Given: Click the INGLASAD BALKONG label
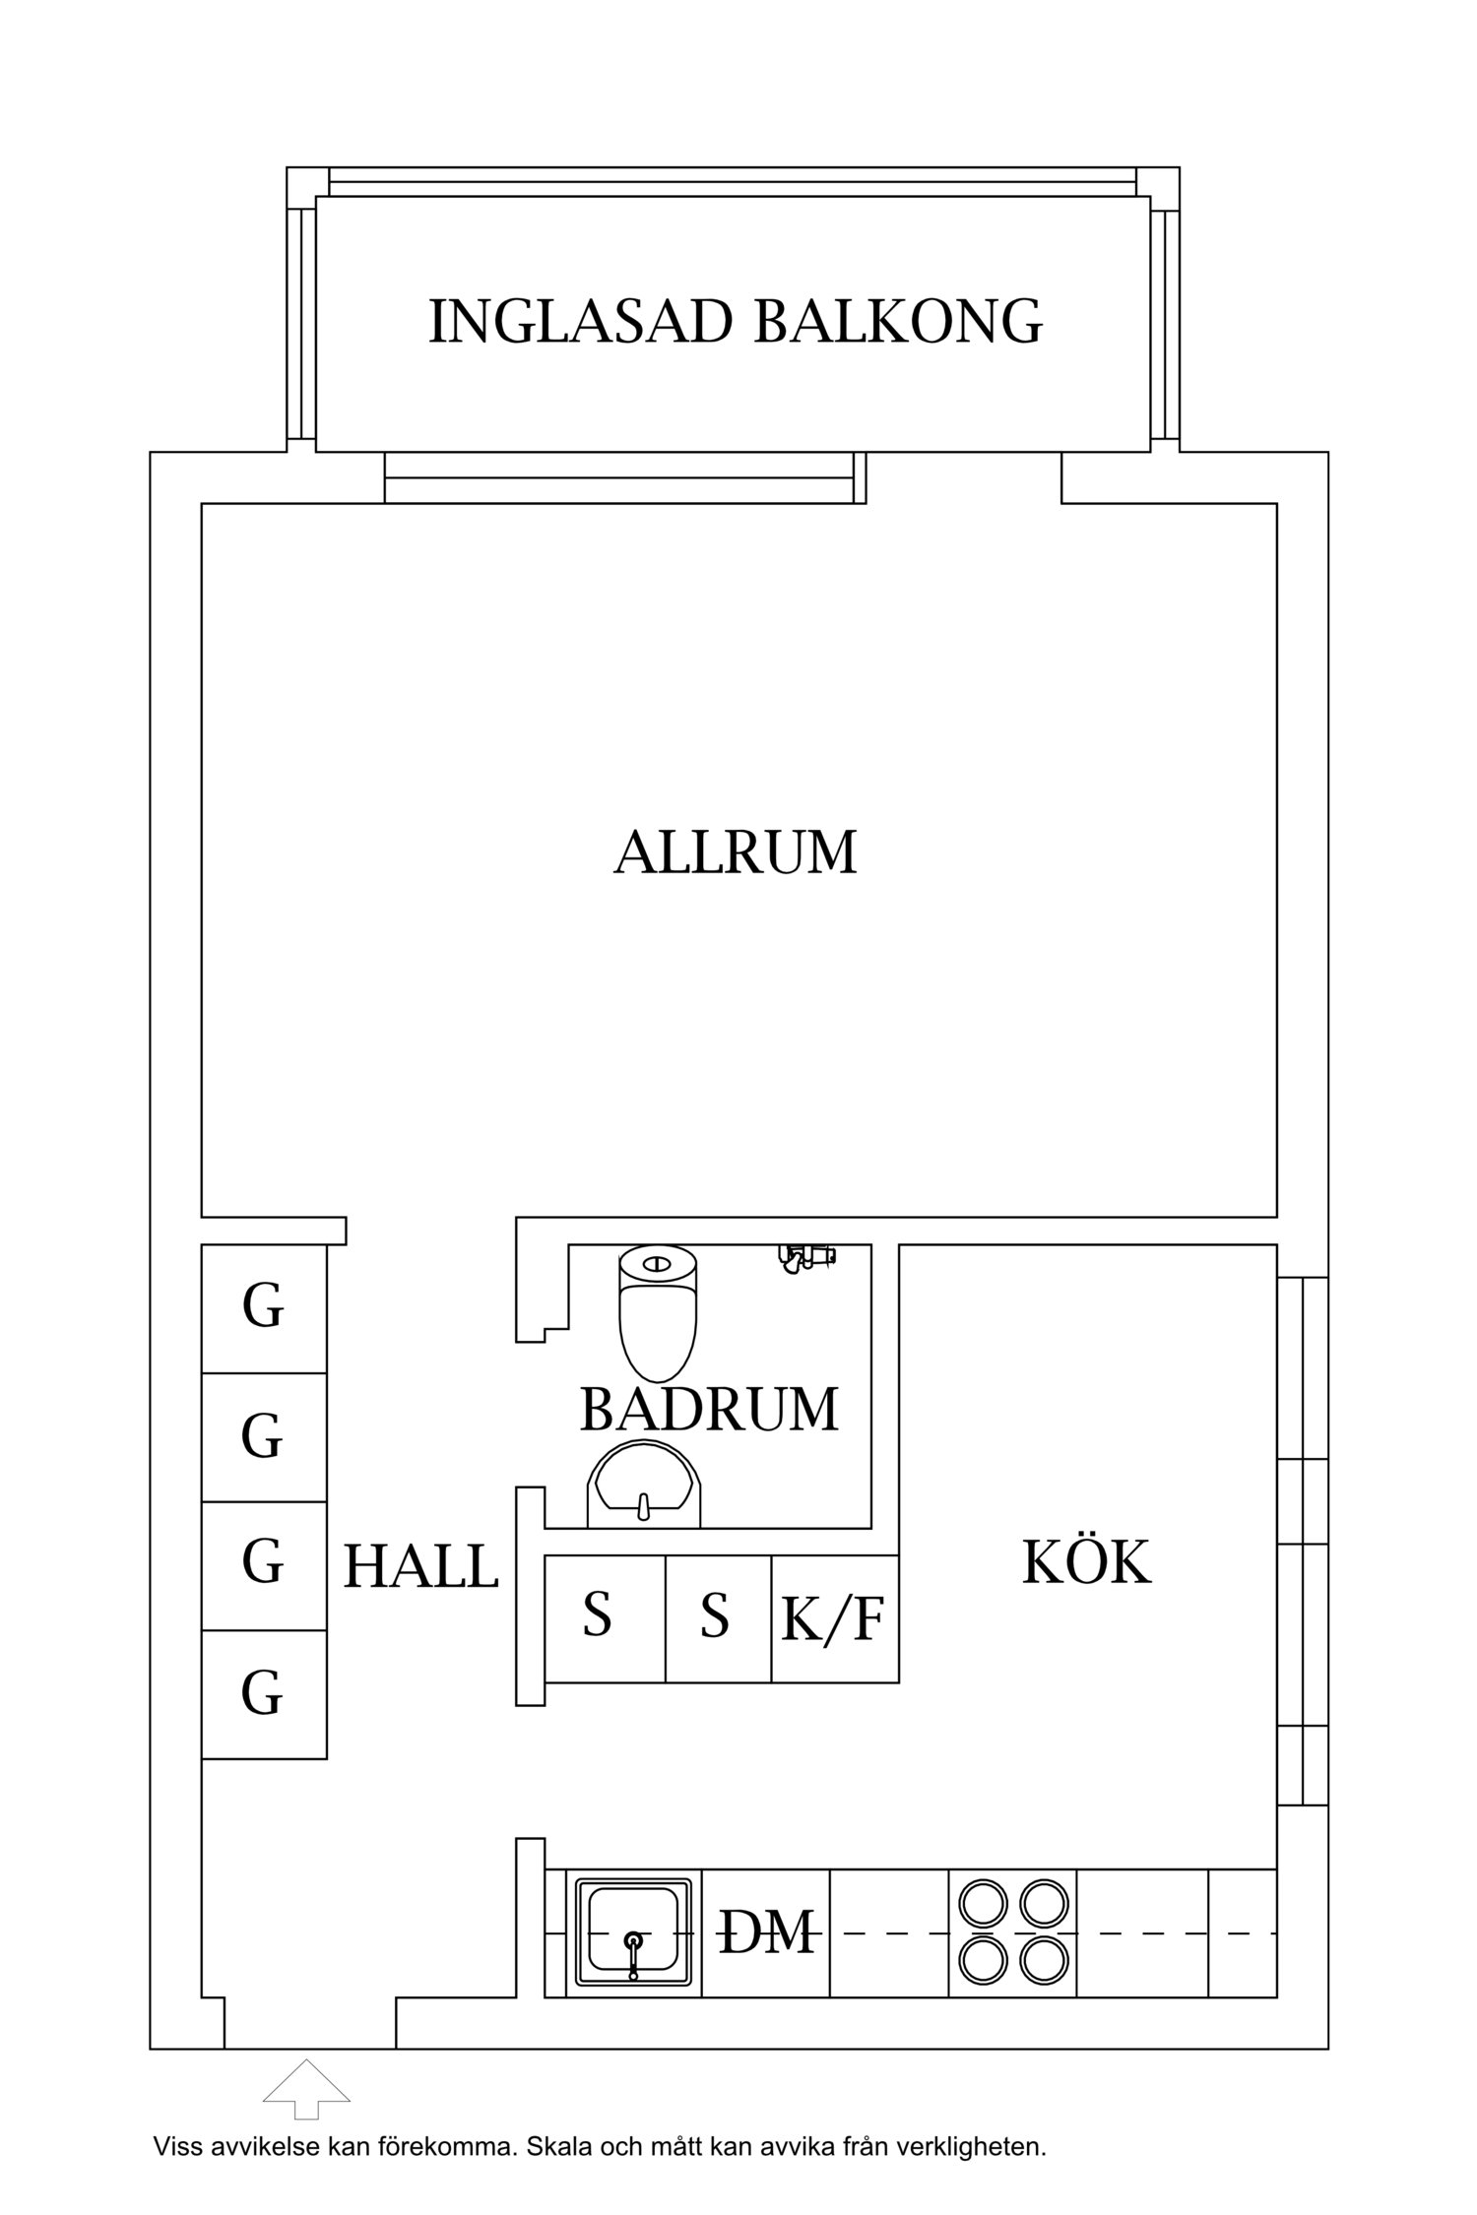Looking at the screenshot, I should tap(736, 321).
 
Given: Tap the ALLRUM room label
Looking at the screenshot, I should tap(736, 853).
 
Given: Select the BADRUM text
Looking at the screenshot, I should tap(709, 1409).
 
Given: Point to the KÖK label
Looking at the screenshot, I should tap(1086, 1562).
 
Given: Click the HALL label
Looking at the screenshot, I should tap(420, 1566).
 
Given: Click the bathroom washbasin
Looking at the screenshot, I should tap(644, 1490).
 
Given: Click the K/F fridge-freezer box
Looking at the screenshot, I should tap(834, 1618).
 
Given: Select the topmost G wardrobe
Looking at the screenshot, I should tap(263, 1308).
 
